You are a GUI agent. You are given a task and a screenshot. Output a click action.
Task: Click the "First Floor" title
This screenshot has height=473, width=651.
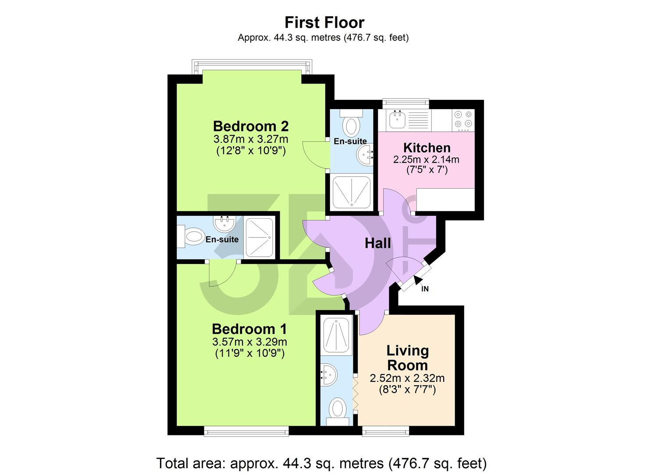pos(324,22)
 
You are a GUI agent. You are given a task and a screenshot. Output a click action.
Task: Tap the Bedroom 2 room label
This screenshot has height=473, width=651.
pos(251,126)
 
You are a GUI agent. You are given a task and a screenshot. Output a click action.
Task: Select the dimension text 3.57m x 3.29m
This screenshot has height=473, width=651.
pos(249,342)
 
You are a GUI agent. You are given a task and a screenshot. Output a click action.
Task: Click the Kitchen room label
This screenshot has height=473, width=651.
pos(427,148)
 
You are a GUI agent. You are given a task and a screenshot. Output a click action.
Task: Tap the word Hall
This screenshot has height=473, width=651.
pos(377,244)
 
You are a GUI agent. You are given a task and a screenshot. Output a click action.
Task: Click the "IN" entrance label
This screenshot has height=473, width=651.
pos(424,289)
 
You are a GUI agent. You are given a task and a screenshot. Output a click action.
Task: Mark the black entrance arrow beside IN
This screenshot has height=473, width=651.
pos(418,279)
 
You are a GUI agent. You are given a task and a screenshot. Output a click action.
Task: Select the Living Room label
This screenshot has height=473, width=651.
pos(407,358)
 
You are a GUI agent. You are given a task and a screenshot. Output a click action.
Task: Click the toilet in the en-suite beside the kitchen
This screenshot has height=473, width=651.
pos(351,124)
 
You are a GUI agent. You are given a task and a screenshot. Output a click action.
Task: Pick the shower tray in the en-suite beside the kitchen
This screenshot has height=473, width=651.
pos(351,192)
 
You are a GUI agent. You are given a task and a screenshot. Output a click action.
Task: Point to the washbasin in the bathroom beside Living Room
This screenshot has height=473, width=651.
pos(329,375)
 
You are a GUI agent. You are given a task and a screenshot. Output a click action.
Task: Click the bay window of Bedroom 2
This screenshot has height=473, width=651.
pos(252,67)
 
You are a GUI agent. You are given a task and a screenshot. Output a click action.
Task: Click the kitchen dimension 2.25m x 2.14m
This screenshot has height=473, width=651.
pos(426,159)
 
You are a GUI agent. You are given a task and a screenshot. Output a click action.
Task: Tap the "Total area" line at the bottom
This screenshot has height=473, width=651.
pos(321,462)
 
